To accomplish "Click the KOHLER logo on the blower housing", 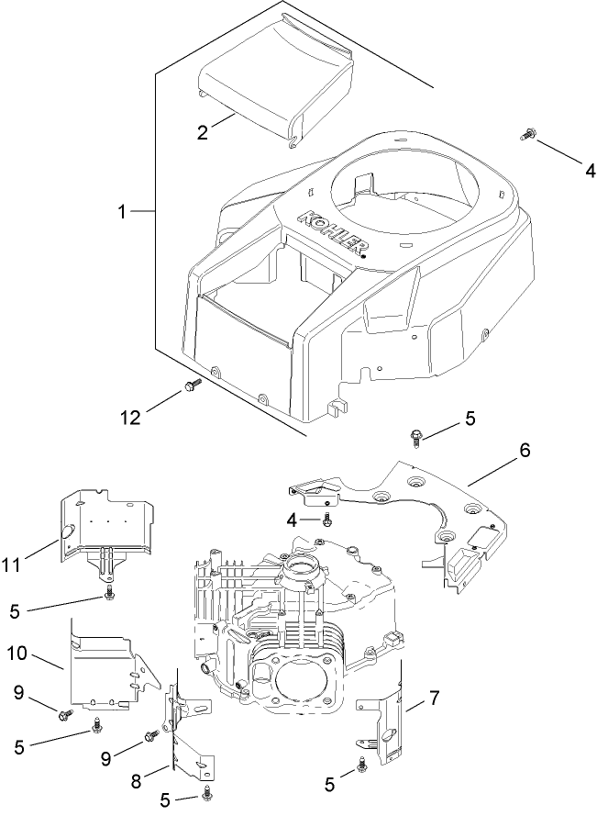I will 334,234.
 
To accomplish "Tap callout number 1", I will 121,211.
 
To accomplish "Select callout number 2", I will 203,131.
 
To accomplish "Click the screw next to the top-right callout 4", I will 528,136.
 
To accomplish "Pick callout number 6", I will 525,451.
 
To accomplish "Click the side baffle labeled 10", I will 105,665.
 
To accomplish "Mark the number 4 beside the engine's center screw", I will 292,520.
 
